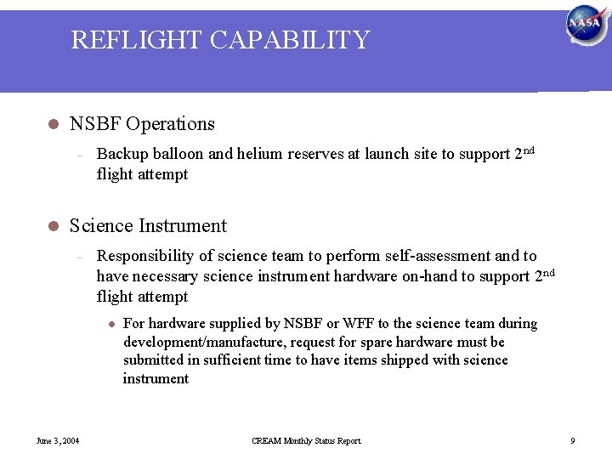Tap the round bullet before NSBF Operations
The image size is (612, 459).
(x=52, y=124)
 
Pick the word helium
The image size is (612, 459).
(x=260, y=154)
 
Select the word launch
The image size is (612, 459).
(x=388, y=154)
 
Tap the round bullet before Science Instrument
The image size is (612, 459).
(x=52, y=226)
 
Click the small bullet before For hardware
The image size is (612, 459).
(x=110, y=324)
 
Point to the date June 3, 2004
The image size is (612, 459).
(x=57, y=440)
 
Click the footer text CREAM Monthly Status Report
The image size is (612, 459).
(x=306, y=440)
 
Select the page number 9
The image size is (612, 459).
(x=572, y=440)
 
